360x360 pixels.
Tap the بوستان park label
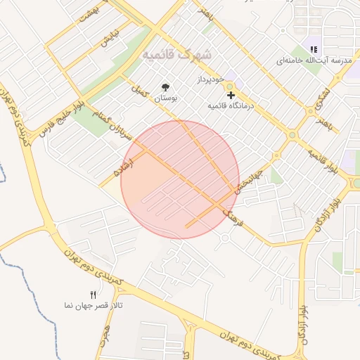(166, 100)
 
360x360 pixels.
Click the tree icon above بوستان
(166, 87)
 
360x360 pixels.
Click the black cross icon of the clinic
(231, 94)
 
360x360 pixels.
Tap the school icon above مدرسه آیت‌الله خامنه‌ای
(314, 49)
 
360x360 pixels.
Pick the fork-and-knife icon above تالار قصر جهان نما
(93, 295)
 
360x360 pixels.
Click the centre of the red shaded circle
(180, 180)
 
